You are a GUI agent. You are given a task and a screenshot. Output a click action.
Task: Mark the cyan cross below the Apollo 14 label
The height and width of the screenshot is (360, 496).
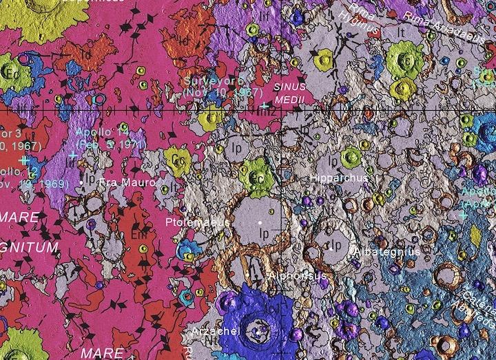[73, 156]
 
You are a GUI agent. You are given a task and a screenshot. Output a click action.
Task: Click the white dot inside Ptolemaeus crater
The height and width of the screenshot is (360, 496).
[260, 223]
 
